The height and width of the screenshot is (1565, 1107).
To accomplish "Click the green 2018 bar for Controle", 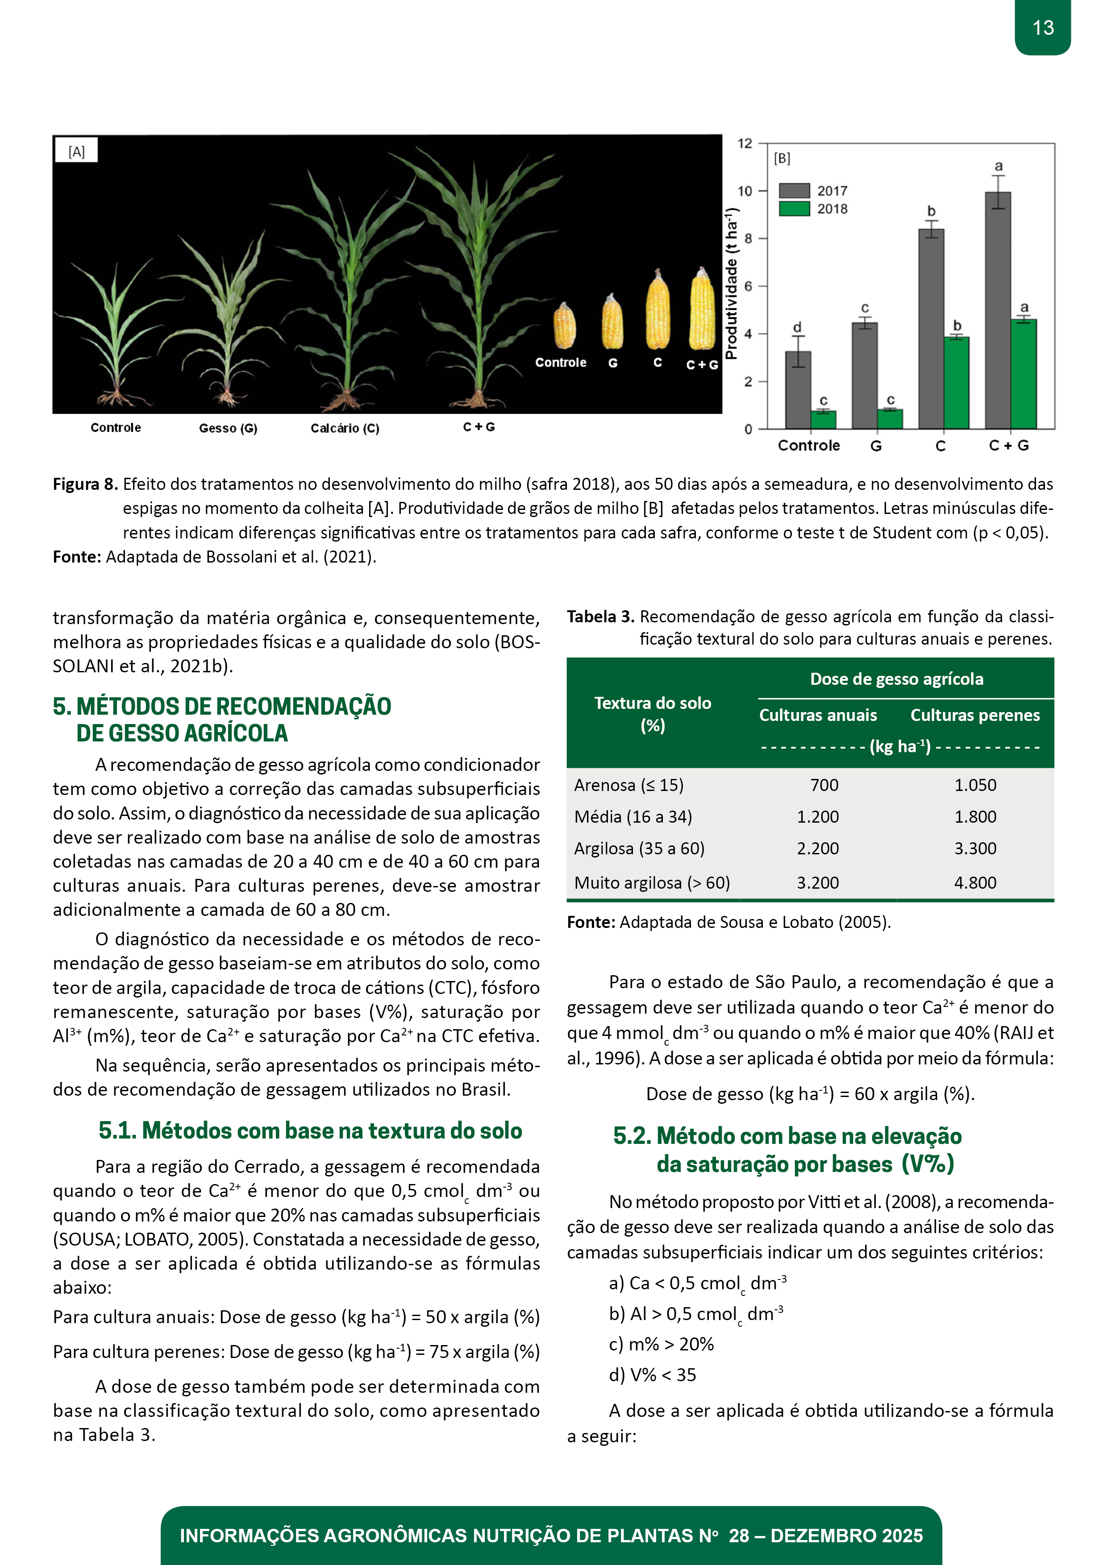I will [823, 419].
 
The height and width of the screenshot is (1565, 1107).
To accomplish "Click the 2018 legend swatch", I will [794, 209].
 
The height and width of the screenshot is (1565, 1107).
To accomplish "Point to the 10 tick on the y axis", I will [745, 191].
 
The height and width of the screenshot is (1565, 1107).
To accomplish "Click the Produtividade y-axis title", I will [731, 283].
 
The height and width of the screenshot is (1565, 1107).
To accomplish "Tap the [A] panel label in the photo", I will [76, 151].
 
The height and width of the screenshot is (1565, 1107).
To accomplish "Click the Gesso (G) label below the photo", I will [228, 428].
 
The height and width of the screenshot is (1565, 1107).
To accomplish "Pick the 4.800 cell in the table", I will [975, 883].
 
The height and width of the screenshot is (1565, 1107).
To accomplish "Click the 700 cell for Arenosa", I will [824, 785].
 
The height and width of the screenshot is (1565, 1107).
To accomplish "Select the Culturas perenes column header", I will [975, 715].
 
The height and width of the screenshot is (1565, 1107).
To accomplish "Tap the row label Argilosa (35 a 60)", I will [639, 849].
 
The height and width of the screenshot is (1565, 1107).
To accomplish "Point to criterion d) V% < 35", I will [652, 1375].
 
